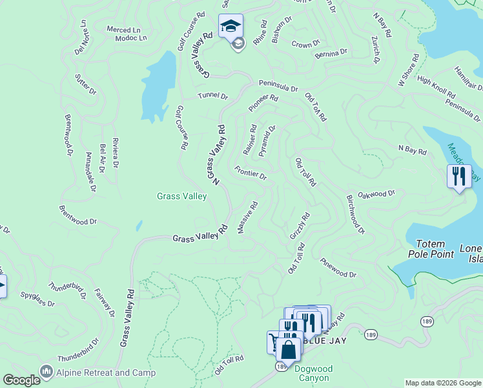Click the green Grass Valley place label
pyautogui.click(x=182, y=196)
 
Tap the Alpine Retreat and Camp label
pyautogui.click(x=106, y=372)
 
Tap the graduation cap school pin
pyautogui.click(x=231, y=27)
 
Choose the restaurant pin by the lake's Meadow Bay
pyautogui.click(x=458, y=177)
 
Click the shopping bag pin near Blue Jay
pyautogui.click(x=289, y=350)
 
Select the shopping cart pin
pyautogui.click(x=275, y=341)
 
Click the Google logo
pyautogui.click(x=21, y=380)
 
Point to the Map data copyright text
pyautogui.click(x=442, y=383)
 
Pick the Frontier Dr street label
pyautogui.click(x=251, y=173)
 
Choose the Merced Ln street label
pyautogui.click(x=123, y=30)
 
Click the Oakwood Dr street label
pyautogui.click(x=376, y=193)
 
